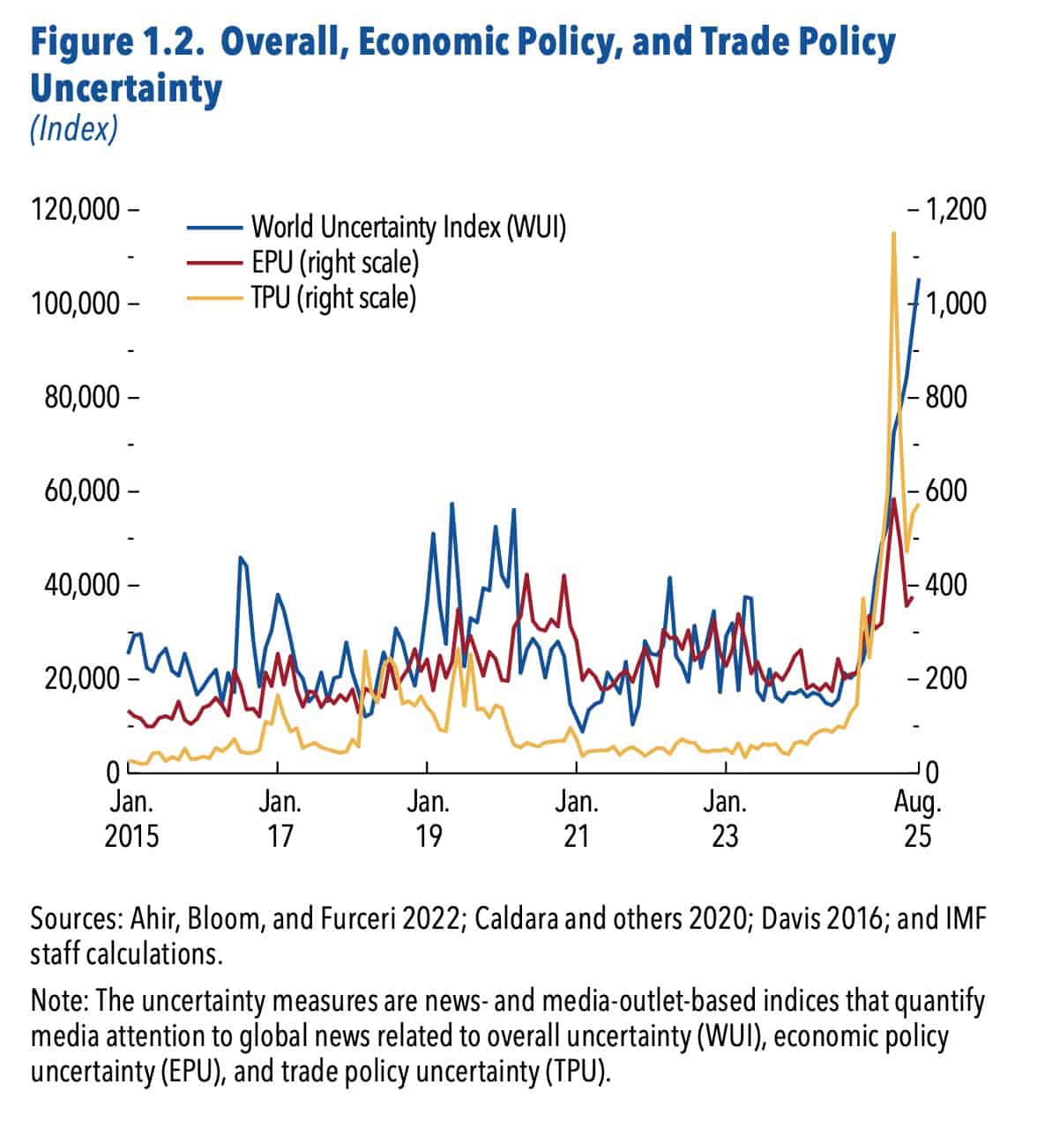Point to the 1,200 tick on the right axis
click(x=954, y=210)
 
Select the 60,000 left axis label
click(x=81, y=490)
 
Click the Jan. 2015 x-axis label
click(x=132, y=818)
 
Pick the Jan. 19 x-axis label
click(x=429, y=818)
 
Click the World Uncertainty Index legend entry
click(x=407, y=228)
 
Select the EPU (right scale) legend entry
click(x=334, y=262)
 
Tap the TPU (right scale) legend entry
click(x=332, y=297)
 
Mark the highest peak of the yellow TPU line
click(x=893, y=234)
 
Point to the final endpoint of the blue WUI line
click(x=919, y=280)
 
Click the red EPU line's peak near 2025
click(x=894, y=500)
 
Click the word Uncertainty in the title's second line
click(x=126, y=88)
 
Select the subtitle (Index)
click(x=73, y=131)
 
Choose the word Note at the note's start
click(x=57, y=1003)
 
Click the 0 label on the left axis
click(x=113, y=773)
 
